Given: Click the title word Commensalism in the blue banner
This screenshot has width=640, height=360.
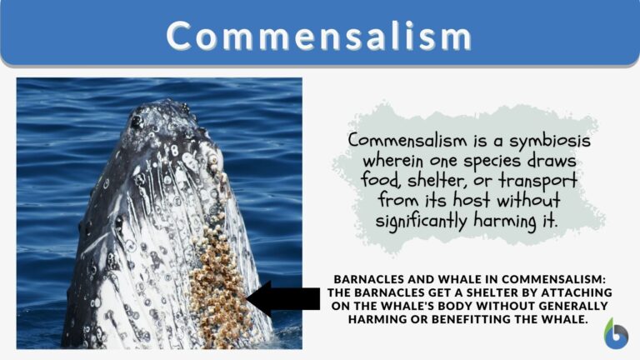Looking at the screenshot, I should (x=319, y=36).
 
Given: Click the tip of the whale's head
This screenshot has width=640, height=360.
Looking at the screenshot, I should (x=162, y=107).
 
